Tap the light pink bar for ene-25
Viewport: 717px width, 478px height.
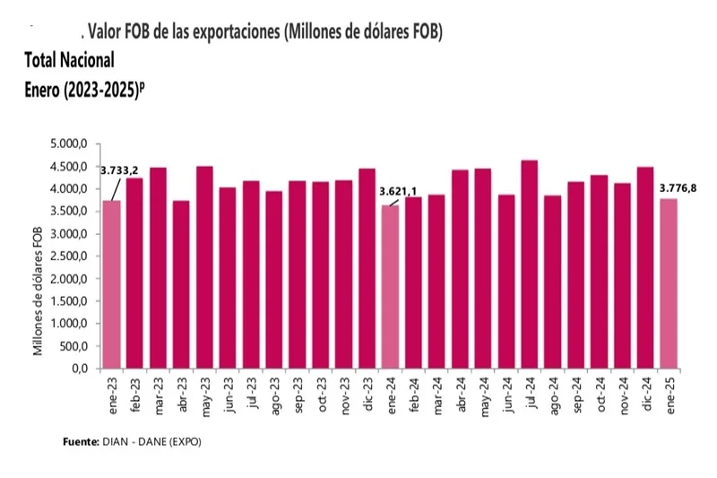[x=668, y=283]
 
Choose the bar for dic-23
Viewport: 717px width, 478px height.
[x=367, y=268]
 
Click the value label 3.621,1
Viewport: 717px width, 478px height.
[x=399, y=191]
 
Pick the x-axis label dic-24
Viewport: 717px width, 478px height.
[x=644, y=395]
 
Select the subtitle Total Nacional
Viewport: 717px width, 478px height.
[x=70, y=61]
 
